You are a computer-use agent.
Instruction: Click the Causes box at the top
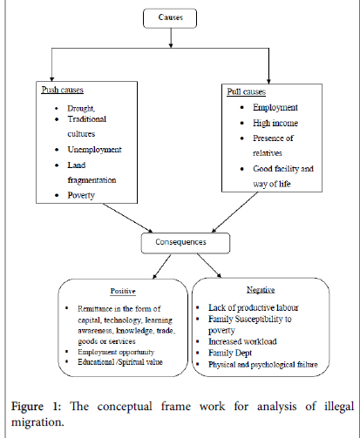pos(170,18)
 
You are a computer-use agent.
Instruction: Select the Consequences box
pos(186,243)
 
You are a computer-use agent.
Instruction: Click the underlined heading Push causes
pos(63,90)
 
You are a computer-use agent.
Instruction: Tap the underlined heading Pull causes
pos(247,91)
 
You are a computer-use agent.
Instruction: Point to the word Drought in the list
pos(81,109)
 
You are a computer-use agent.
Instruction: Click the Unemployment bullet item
pos(94,150)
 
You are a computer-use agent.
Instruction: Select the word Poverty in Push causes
pos(81,195)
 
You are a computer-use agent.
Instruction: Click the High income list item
pos(275,123)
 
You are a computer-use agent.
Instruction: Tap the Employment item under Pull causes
pos(275,108)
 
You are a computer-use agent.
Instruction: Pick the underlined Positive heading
pos(123,291)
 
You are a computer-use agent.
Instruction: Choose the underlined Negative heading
pos(261,290)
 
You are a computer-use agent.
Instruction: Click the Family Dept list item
pos(230,353)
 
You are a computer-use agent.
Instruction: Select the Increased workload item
pos(242,341)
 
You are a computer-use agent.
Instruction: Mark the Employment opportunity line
pos(116,352)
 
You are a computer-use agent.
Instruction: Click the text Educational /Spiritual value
pos(120,362)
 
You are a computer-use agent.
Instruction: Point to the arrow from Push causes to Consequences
pos(128,218)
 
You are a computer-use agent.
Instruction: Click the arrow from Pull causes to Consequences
pos(234,212)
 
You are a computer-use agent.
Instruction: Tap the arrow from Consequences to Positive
pos(162,266)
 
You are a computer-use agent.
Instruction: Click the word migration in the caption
pos(37,422)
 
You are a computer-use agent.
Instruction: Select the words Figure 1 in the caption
pos(36,407)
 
